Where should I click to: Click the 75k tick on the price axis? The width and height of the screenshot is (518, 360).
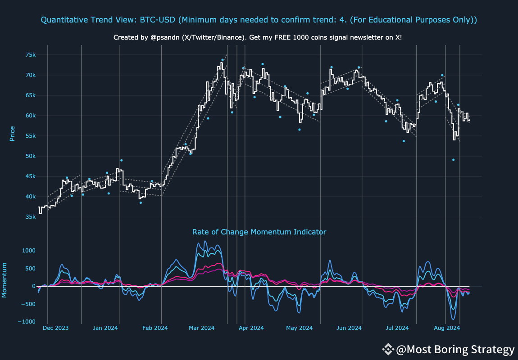pyautogui.click(x=31, y=55)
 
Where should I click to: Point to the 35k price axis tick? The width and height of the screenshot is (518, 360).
pyautogui.click(x=31, y=217)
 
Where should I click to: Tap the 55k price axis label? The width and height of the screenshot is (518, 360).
pyautogui.click(x=31, y=136)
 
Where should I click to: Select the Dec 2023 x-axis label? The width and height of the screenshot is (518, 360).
pyautogui.click(x=55, y=328)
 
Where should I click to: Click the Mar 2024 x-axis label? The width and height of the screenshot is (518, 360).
pyautogui.click(x=201, y=328)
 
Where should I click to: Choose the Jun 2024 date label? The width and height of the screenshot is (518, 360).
pyautogui.click(x=349, y=328)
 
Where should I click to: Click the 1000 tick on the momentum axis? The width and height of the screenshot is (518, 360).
pyautogui.click(x=28, y=251)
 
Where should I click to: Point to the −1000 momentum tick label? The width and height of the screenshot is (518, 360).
pyautogui.click(x=27, y=322)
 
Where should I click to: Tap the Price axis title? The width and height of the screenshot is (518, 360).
pyautogui.click(x=12, y=133)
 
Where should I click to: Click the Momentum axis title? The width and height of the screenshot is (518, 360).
pyautogui.click(x=5, y=280)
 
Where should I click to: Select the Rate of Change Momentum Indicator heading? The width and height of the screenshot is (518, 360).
pyautogui.click(x=259, y=232)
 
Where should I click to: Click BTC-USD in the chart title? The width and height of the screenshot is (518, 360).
pyautogui.click(x=156, y=20)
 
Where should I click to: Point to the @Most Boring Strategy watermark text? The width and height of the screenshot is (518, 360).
pyautogui.click(x=455, y=350)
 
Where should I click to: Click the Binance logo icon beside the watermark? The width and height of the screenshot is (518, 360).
pyautogui.click(x=388, y=349)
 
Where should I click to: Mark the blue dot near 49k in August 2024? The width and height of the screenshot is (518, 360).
pyautogui.click(x=454, y=160)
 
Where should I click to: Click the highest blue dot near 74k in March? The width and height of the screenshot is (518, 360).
pyautogui.click(x=223, y=60)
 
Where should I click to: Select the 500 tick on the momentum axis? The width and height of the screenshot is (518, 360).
pyautogui.click(x=30, y=269)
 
